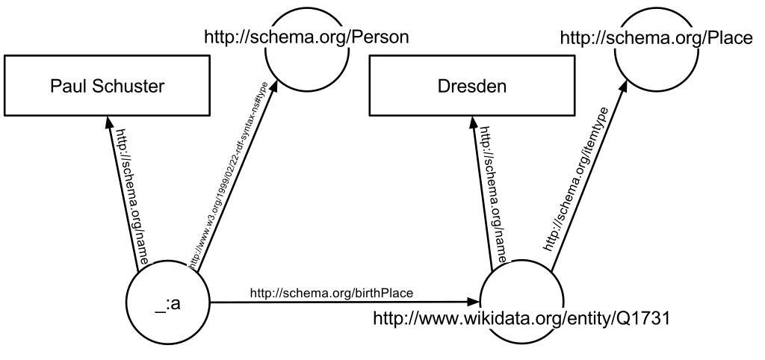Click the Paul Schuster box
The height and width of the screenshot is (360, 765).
click(x=107, y=86)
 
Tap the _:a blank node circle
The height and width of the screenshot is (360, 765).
click(x=170, y=304)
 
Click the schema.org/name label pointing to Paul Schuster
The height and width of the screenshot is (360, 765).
click(x=131, y=196)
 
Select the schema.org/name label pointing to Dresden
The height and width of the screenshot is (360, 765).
click(x=494, y=196)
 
